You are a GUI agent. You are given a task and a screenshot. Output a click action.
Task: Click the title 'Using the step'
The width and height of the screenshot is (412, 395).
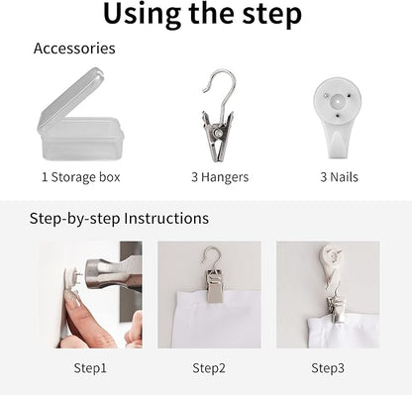tap(202, 15)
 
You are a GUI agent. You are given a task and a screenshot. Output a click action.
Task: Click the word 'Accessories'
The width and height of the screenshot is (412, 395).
tap(74, 49)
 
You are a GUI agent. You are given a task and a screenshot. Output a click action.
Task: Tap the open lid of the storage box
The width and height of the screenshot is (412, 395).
tap(71, 99)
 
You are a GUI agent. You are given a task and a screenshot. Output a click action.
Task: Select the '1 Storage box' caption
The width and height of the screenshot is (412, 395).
tap(80, 177)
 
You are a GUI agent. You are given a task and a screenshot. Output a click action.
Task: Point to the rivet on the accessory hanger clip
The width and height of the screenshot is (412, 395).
tap(218, 133)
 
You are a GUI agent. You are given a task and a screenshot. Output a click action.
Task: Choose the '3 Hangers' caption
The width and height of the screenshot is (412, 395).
tap(220, 177)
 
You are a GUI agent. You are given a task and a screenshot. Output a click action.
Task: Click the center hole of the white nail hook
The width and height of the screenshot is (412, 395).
tap(337, 102)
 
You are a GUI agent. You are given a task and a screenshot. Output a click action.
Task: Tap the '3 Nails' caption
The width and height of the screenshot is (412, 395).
tap(339, 177)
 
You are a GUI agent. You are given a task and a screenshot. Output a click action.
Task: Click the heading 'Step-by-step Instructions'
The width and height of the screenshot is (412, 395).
tap(119, 219)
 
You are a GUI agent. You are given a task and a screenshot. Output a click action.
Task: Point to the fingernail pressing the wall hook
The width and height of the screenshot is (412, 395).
tap(73, 297)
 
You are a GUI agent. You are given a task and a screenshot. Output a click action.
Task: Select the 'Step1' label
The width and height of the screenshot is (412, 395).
tap(90, 368)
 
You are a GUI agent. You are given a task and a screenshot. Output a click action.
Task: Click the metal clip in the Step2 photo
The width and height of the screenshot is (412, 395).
tap(215, 286)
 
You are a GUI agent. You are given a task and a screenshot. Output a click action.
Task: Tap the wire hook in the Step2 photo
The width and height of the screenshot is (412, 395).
tap(211, 256)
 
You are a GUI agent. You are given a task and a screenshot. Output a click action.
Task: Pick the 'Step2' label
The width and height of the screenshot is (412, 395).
tap(209, 368)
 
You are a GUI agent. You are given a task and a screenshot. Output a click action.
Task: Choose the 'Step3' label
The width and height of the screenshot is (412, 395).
tap(328, 368)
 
